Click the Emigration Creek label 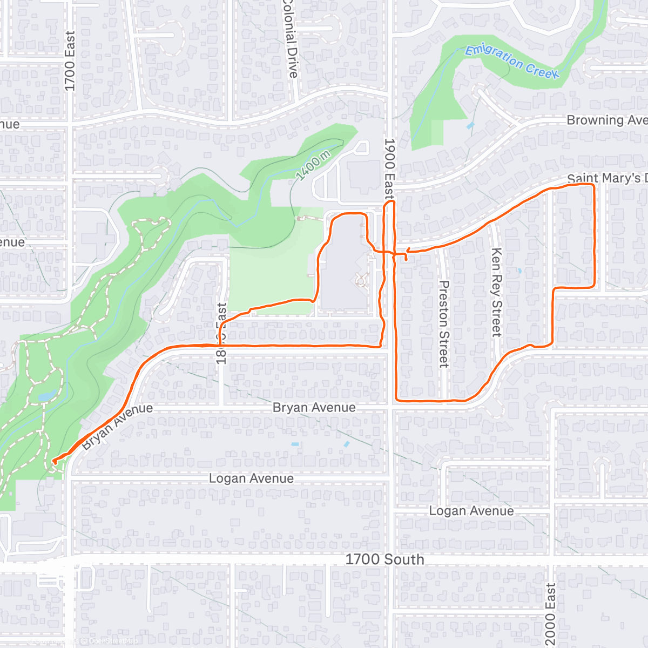tap(511, 62)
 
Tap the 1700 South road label tap(384, 559)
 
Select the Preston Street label tap(444, 323)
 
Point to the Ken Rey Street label tap(496, 292)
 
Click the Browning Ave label tap(606, 120)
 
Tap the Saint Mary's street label tap(606, 178)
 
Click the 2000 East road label tap(550, 613)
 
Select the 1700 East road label tap(70, 60)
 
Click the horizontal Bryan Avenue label tap(314, 408)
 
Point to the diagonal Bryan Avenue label tap(117, 426)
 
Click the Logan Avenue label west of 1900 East tap(251, 478)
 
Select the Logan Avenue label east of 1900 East tap(471, 511)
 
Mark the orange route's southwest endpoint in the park tap(54, 461)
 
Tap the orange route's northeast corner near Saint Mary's tap(593, 185)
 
